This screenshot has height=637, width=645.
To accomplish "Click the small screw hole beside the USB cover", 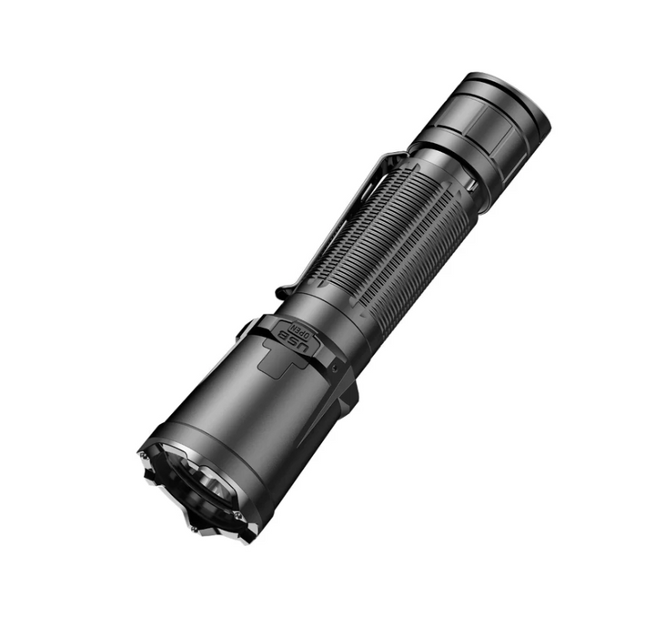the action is (x=336, y=365).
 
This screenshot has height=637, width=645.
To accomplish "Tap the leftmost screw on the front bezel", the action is (x=143, y=455).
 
